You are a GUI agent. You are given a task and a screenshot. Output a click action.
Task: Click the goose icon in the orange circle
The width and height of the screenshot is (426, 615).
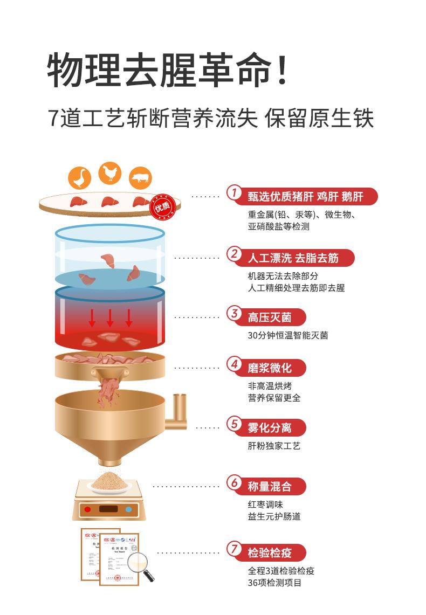tap(79, 177)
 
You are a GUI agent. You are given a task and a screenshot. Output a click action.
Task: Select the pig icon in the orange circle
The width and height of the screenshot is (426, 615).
tap(140, 178)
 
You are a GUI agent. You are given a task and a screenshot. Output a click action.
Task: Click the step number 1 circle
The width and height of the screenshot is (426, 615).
tap(233, 193)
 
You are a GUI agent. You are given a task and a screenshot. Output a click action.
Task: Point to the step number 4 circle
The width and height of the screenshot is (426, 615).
tap(233, 364)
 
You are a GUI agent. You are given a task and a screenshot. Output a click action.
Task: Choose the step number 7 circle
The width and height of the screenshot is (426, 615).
tap(233, 549)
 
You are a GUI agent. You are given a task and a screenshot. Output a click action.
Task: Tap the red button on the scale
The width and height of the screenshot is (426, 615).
tap(87, 509)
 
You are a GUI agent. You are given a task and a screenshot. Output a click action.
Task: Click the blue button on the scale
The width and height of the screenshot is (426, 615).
tap(128, 509)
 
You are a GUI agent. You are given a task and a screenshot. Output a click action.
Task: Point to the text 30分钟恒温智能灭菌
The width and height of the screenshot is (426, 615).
tap(287, 335)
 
